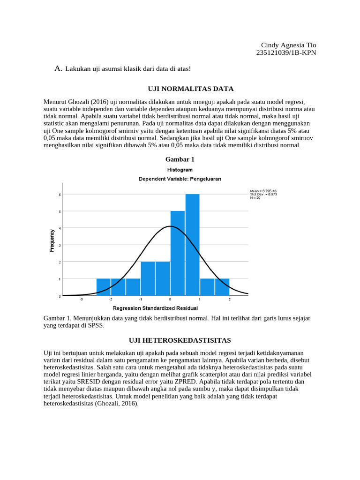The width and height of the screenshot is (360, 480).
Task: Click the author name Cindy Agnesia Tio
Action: (288, 45)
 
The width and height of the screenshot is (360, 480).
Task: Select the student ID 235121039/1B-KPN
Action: (286, 52)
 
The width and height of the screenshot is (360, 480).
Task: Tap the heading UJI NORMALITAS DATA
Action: (190, 89)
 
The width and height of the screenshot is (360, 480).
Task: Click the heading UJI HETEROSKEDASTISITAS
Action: (180, 340)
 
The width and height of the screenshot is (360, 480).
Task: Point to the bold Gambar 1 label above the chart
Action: (180, 159)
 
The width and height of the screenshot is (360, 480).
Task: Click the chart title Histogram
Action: (180, 170)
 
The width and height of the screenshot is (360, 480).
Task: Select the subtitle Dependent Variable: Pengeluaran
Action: (180, 179)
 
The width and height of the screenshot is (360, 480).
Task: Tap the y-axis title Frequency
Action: (52, 240)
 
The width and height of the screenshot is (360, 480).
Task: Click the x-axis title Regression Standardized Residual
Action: (155, 308)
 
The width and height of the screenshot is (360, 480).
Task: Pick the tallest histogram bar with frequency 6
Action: (192, 244)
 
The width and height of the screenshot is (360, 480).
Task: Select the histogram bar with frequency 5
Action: (177, 253)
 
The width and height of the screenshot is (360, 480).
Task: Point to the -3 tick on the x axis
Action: (81, 300)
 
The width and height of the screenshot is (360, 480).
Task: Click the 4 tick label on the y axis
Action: (59, 228)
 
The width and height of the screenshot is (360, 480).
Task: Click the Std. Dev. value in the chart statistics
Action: (263, 195)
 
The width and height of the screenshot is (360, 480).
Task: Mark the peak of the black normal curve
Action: (170, 226)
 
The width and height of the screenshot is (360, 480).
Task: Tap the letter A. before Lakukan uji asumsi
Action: (58, 69)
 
